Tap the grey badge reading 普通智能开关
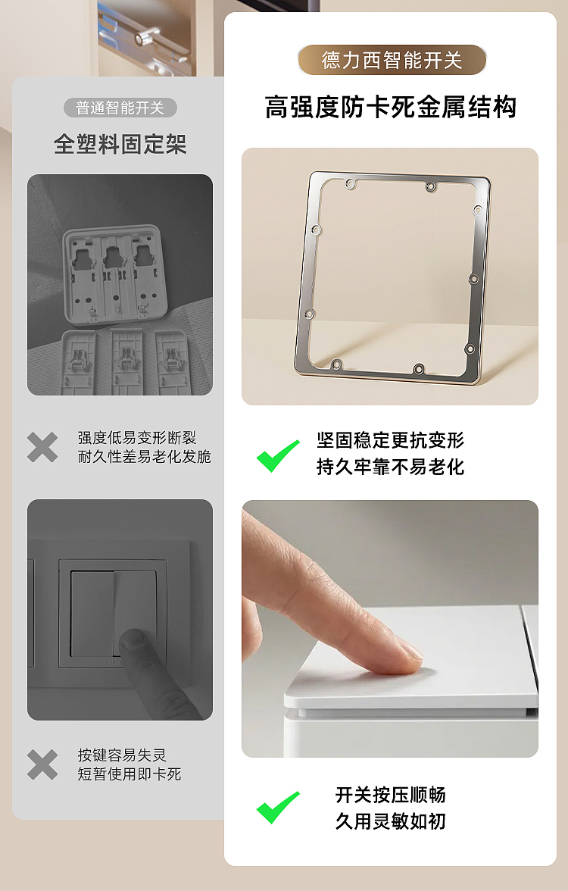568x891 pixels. pyautogui.click(x=120, y=108)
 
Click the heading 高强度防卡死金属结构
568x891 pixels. pyautogui.click(x=391, y=107)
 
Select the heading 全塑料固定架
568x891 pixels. pyautogui.click(x=120, y=144)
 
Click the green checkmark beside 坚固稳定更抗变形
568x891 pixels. pyautogui.click(x=278, y=455)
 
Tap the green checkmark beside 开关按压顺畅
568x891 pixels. pyautogui.click(x=278, y=807)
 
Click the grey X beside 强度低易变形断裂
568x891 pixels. pyautogui.click(x=42, y=448)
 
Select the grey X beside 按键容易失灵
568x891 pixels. pyautogui.click(x=42, y=764)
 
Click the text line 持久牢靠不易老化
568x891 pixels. pyautogui.click(x=390, y=467)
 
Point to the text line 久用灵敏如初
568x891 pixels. pyautogui.click(x=390, y=821)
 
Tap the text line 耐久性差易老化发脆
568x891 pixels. pyautogui.click(x=144, y=457)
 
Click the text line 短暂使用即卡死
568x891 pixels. pyautogui.click(x=129, y=774)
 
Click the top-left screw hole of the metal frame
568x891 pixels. pyautogui.click(x=350, y=183)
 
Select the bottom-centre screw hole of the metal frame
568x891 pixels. pyautogui.click(x=418, y=369)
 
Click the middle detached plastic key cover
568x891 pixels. pyautogui.click(x=127, y=361)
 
